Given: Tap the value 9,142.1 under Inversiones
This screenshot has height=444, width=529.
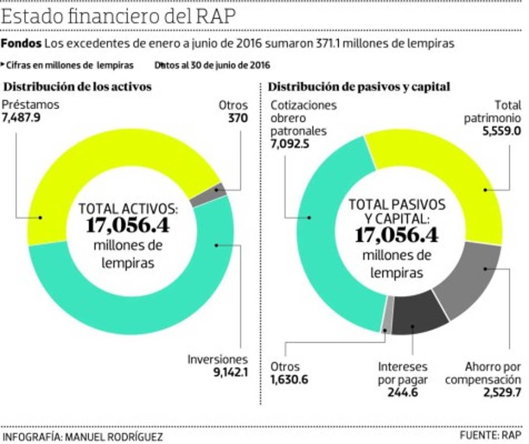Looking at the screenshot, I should coord(230,372).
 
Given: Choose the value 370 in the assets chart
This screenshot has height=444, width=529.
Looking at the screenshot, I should coord(238,118).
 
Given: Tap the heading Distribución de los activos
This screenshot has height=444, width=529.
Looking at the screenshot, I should coord(78,87).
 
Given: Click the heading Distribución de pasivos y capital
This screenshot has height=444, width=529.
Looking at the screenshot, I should coord(359,87).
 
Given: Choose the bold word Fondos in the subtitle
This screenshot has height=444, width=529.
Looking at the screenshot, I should coord(21,43).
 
